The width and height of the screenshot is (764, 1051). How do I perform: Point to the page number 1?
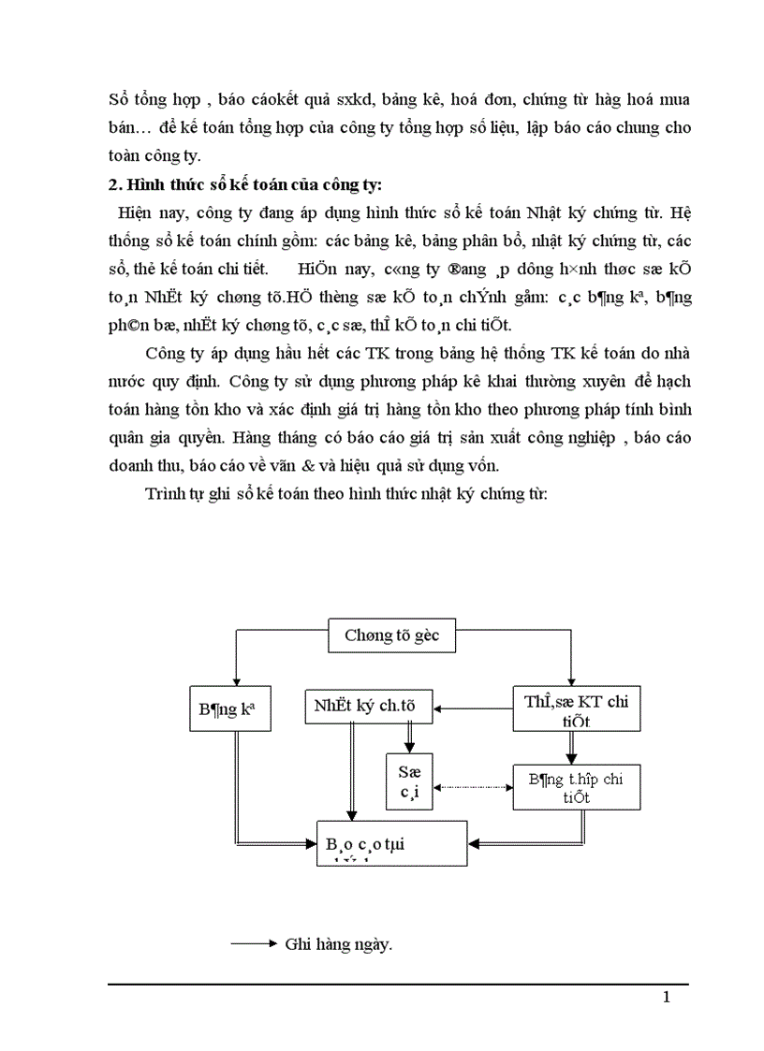click(666, 998)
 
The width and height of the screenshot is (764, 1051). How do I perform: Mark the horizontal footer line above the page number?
click(398, 984)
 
